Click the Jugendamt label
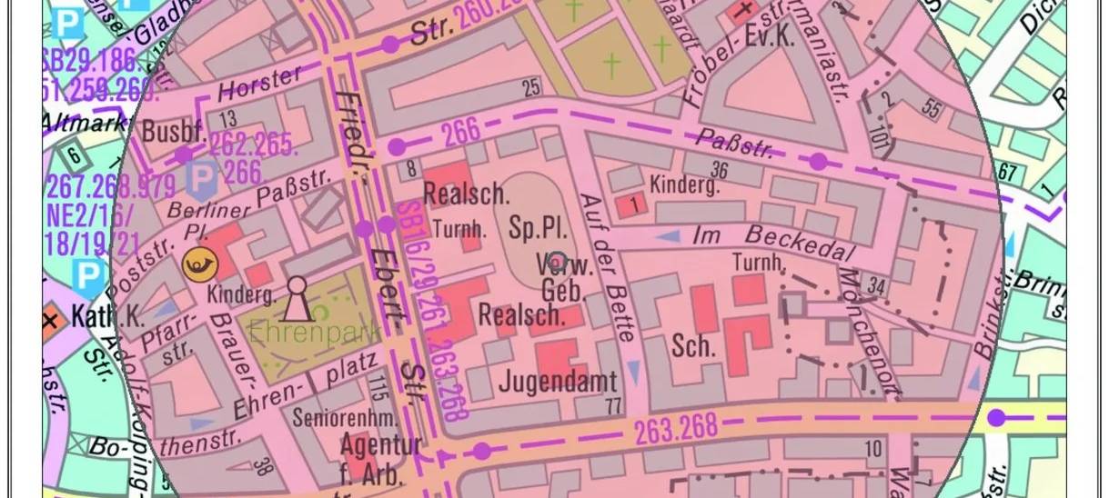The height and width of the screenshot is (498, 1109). tap(558, 381)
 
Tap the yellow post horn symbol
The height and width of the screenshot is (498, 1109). tap(199, 264)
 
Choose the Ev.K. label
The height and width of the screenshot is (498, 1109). tap(770, 37)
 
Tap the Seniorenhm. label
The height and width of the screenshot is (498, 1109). tap(345, 418)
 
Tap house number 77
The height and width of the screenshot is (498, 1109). tap(613, 406)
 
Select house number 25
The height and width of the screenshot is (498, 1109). tap(531, 87)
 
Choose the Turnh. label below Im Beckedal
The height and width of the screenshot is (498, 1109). tap(759, 264)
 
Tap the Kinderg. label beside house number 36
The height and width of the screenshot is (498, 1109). tap(684, 185)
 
